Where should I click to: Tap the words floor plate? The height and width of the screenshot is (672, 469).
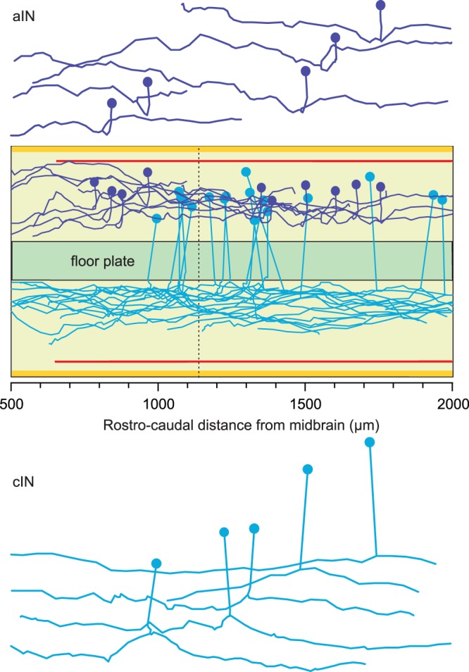tap(102, 261)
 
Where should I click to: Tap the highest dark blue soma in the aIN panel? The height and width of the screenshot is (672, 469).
tap(381, 6)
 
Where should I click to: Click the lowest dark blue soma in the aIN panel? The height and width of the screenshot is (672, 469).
tap(111, 103)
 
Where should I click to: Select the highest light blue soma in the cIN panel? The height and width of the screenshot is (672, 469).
tap(369, 442)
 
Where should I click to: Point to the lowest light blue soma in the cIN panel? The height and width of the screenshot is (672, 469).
tap(156, 563)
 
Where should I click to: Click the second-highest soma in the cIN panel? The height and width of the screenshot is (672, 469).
tap(307, 469)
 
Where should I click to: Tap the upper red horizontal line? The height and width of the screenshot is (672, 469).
tap(254, 161)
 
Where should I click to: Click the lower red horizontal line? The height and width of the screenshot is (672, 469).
tap(254, 361)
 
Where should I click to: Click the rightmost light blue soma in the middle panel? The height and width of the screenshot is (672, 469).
tap(442, 200)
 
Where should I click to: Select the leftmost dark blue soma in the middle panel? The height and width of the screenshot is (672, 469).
tap(94, 182)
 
